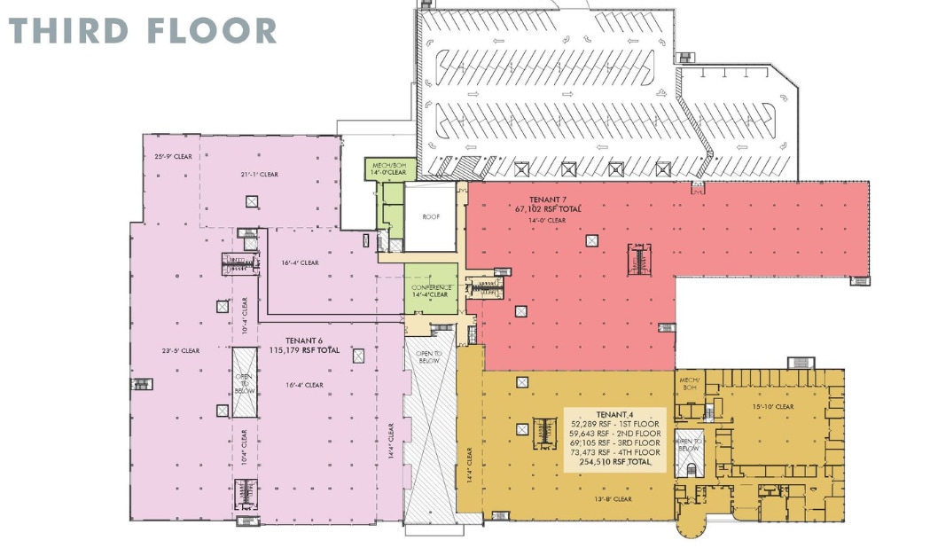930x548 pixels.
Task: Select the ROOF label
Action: click(431, 215)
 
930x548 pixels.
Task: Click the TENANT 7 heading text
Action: click(551, 200)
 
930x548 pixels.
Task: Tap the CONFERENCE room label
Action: click(431, 287)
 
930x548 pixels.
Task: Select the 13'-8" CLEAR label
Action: click(610, 498)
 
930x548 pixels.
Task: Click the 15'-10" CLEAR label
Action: click(770, 407)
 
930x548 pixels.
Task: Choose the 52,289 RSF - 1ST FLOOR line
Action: click(616, 423)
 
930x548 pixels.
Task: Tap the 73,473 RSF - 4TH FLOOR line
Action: click(616, 452)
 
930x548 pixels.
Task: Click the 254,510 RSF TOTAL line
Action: click(616, 462)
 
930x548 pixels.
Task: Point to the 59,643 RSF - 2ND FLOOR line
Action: click(616, 433)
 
